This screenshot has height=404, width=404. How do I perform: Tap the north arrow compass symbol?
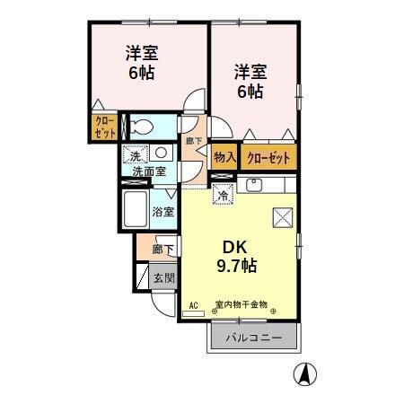[305, 373]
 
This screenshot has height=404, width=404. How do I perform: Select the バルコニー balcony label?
[254, 338]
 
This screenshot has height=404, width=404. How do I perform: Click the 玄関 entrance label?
[163, 278]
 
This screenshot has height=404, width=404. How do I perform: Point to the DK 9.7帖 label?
[237, 257]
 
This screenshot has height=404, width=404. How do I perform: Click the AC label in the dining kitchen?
[194, 305]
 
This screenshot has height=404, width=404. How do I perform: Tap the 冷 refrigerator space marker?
[223, 196]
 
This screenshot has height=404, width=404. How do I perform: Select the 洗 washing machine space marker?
[135, 154]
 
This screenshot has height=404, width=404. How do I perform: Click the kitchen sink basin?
[254, 185]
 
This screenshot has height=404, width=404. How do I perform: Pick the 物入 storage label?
[224, 157]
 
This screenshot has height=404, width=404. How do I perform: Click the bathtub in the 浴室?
[136, 209]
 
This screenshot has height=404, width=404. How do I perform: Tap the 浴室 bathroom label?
[163, 212]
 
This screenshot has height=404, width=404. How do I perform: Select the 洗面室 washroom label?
[149, 171]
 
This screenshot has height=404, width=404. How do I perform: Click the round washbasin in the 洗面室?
[161, 153]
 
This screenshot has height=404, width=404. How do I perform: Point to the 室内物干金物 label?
[242, 305]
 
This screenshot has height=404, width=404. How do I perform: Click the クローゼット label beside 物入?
[268, 157]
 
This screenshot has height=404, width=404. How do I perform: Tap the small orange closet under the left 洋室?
[104, 127]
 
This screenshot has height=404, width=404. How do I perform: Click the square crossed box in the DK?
[283, 217]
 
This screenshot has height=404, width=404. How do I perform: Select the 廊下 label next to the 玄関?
[162, 249]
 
